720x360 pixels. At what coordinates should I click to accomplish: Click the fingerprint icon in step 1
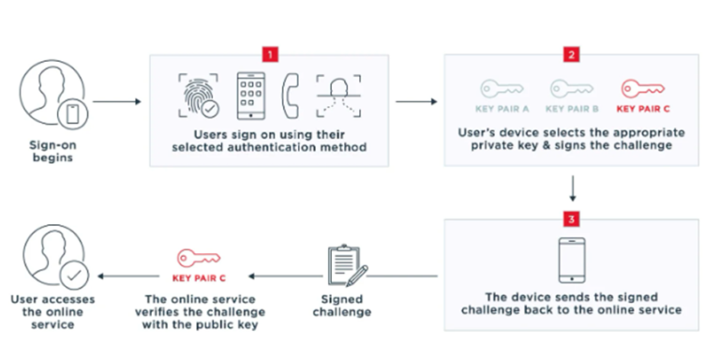tap(197, 97)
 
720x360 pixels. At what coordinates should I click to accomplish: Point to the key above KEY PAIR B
tap(569, 90)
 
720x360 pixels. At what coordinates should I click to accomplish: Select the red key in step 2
tap(640, 90)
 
